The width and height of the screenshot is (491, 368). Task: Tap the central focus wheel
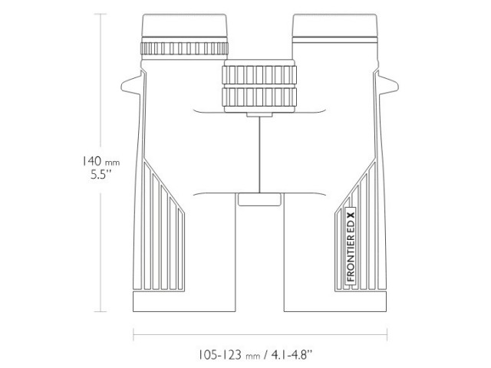259,84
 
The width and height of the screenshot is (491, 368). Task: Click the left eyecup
185,28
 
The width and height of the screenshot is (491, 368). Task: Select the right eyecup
335,28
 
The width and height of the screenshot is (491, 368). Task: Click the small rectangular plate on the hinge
259,199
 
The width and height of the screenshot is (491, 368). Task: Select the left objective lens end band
184,301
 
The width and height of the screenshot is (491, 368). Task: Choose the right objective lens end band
334,301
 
